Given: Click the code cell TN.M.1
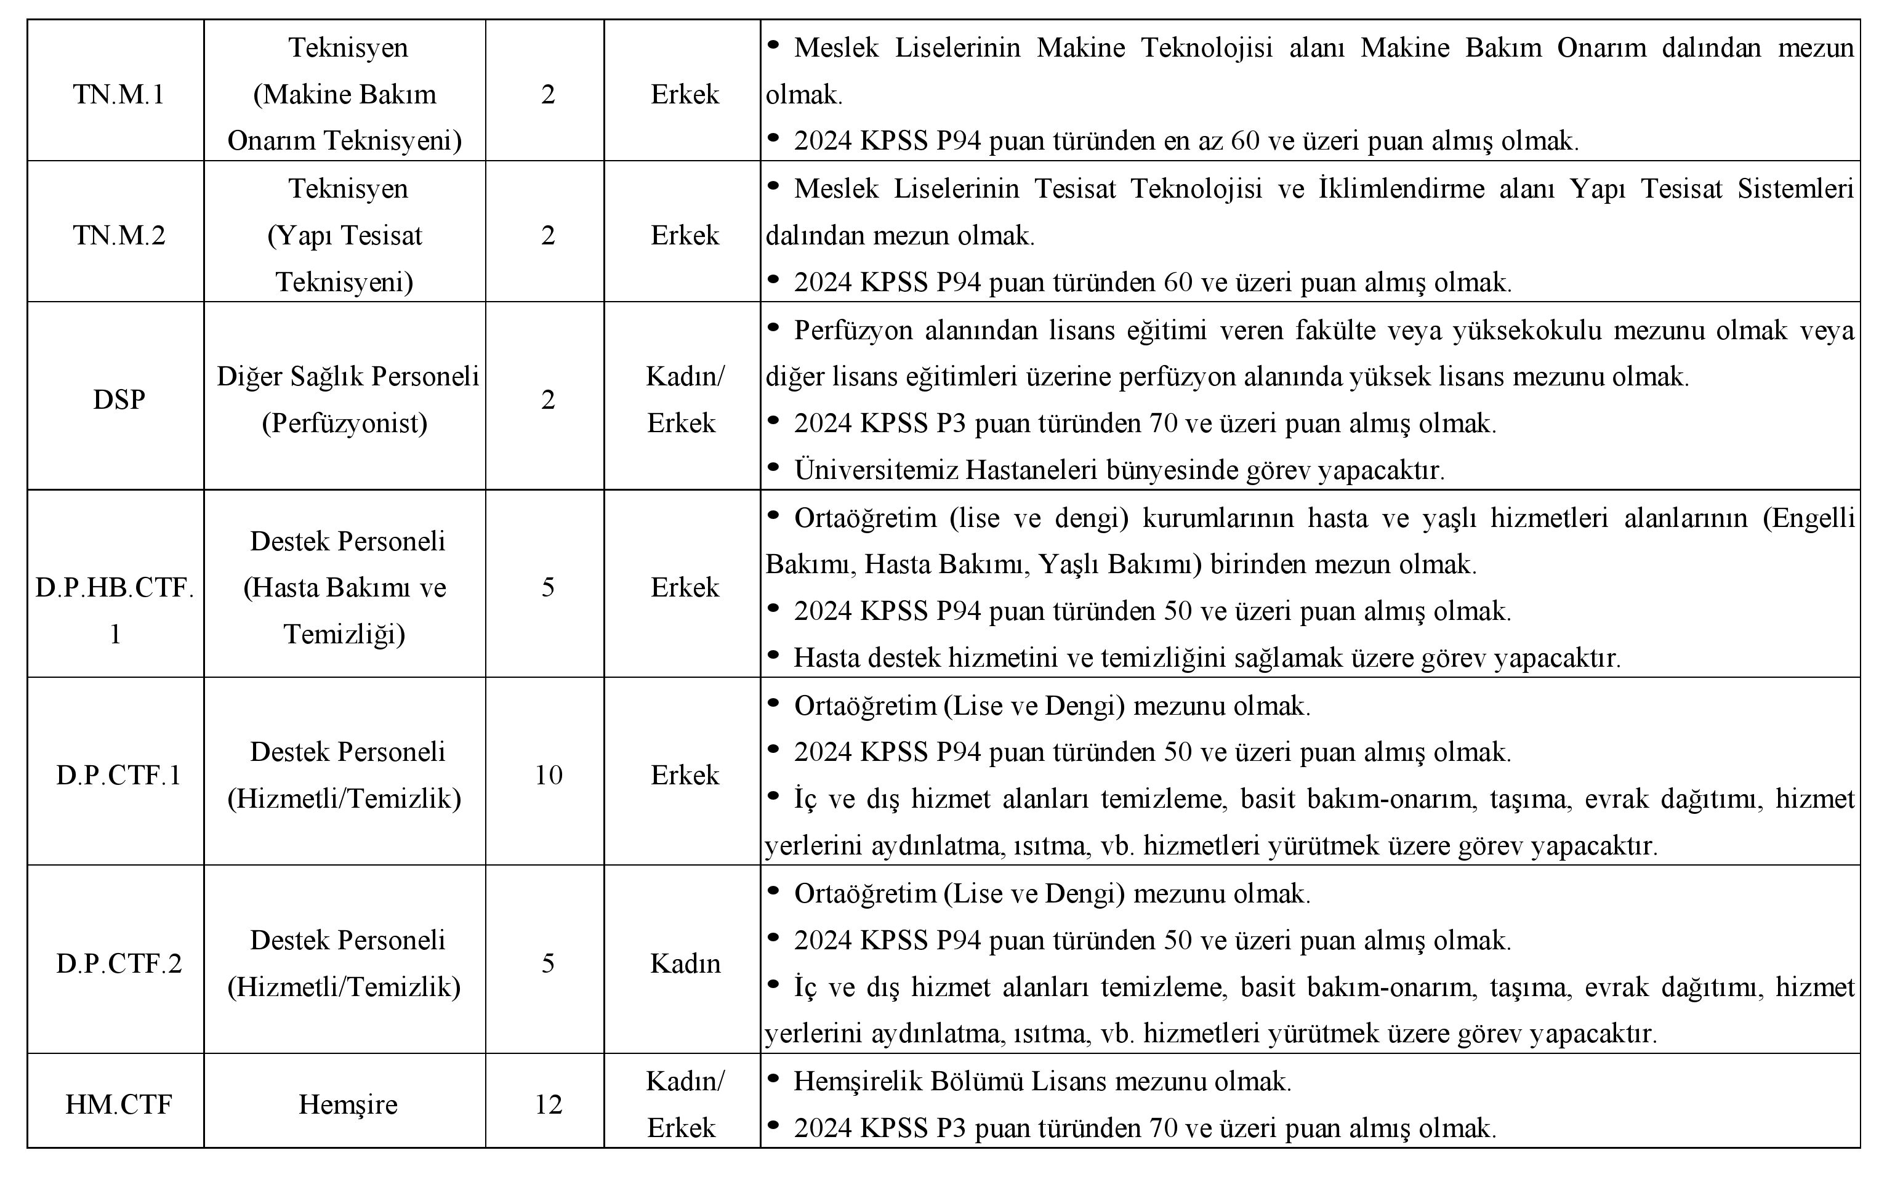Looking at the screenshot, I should click(119, 94).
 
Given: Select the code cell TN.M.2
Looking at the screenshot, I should click(119, 235).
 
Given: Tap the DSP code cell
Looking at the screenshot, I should click(119, 400).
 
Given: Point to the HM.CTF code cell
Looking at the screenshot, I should click(119, 1104).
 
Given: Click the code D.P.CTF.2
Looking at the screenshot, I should click(119, 963).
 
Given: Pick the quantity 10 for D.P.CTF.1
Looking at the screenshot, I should click(548, 774).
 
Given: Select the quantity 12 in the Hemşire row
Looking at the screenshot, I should click(548, 1104).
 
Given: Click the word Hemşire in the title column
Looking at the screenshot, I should click(348, 1104).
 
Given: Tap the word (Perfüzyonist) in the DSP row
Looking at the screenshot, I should click(344, 423).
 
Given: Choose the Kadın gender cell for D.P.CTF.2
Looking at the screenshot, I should click(685, 963).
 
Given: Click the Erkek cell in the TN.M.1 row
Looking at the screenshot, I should click(685, 94).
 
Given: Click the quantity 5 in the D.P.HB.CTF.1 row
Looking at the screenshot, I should click(548, 587).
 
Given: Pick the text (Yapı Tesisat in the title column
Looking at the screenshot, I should click(344, 235).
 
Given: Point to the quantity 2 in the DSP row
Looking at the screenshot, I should click(548, 400).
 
